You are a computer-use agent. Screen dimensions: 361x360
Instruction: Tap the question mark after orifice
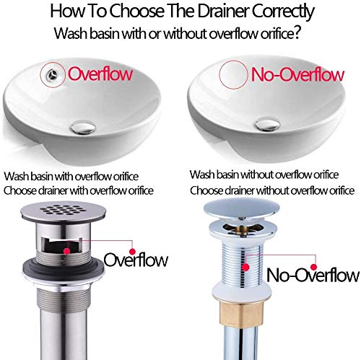pyautogui.click(x=297, y=32)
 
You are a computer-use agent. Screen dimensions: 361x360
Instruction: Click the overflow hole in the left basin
pyautogui.click(x=53, y=74)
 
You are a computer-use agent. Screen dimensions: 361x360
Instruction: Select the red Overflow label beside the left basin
pyautogui.click(x=100, y=74)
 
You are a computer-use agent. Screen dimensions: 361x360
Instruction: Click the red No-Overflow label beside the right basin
pyautogui.click(x=297, y=74)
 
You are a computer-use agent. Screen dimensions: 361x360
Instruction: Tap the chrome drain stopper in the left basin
pyautogui.click(x=83, y=128)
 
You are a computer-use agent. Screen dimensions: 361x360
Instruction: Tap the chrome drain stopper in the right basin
pyautogui.click(x=268, y=124)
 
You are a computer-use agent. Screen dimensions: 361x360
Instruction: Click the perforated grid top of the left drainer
pyautogui.click(x=63, y=211)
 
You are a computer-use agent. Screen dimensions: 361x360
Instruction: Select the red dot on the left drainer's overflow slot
pyautogui.click(x=67, y=251)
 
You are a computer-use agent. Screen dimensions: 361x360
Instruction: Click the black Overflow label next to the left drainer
pyautogui.click(x=136, y=260)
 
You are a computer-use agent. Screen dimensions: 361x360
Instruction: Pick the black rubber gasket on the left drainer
pyautogui.click(x=64, y=268)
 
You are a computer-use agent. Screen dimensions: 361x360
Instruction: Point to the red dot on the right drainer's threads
pyautogui.click(x=245, y=267)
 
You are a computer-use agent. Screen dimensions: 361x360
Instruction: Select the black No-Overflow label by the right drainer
pyautogui.click(x=313, y=275)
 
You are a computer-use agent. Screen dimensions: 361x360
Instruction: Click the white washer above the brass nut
pyautogui.click(x=242, y=291)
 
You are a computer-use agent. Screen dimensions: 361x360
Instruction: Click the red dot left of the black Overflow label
pyautogui.click(x=132, y=252)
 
